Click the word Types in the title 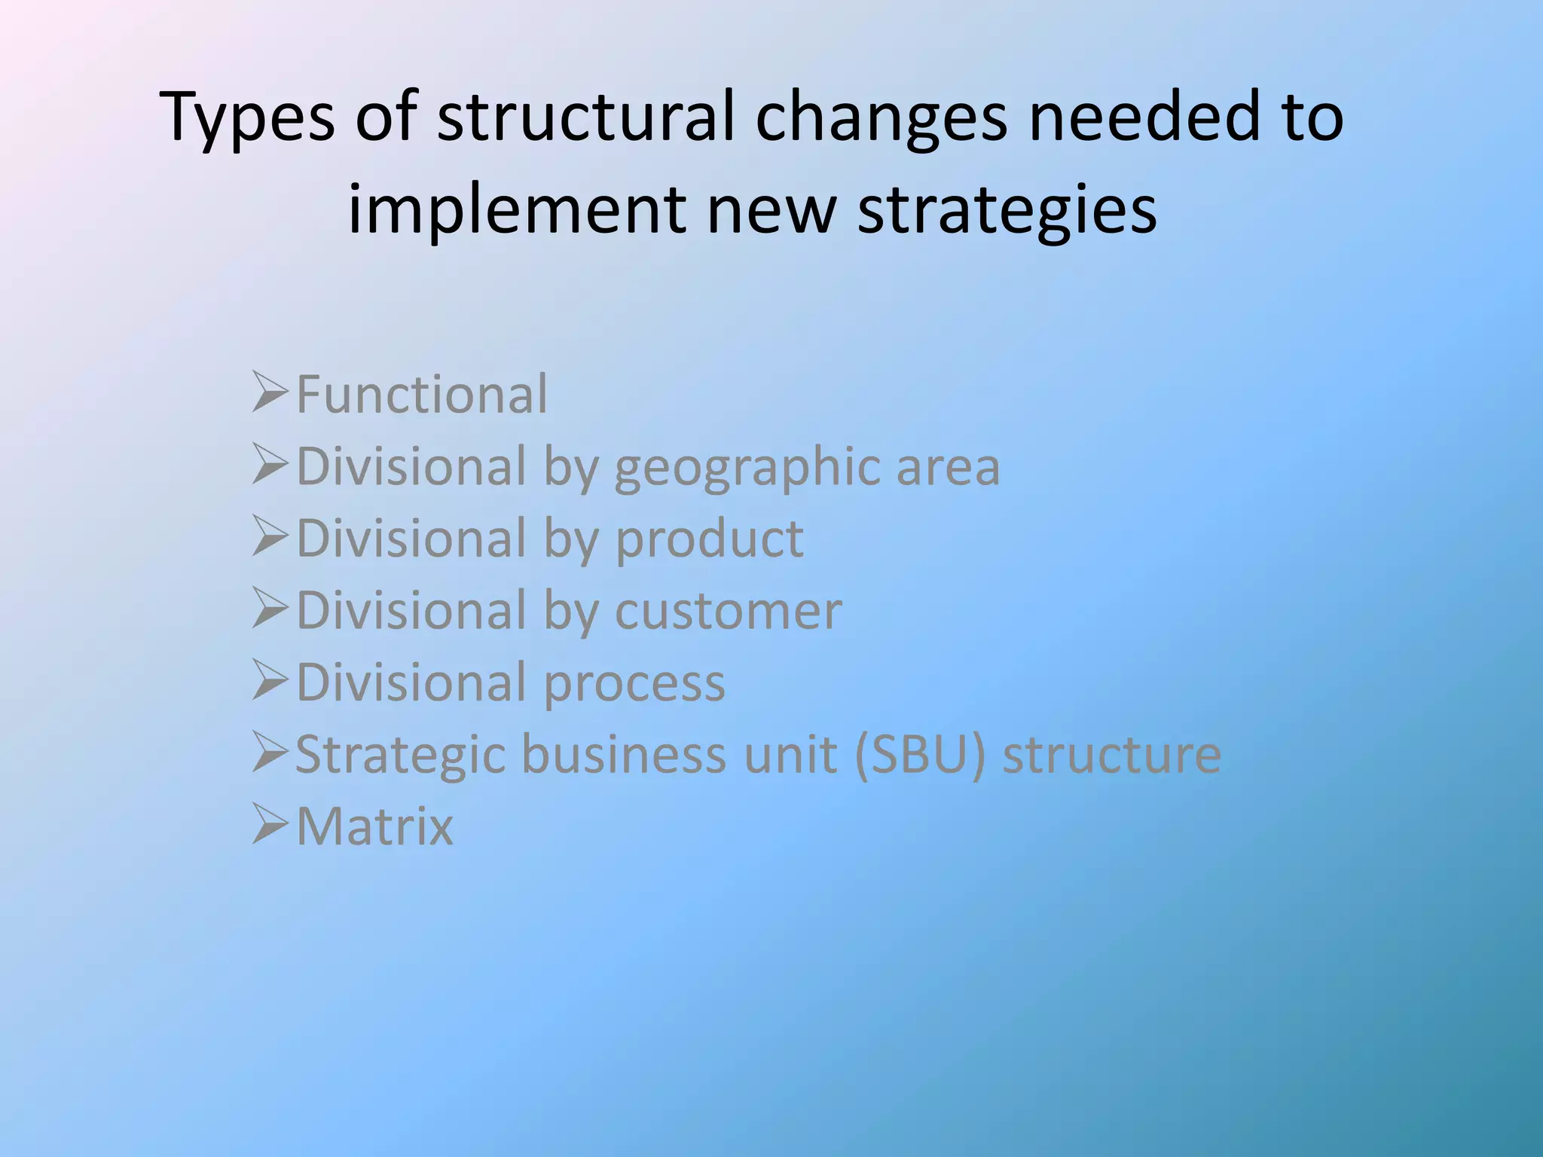pyautogui.click(x=247, y=118)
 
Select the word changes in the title pyautogui.click(x=881, y=118)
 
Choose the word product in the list pyautogui.click(x=710, y=539)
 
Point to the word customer pyautogui.click(x=728, y=610)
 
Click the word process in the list pyautogui.click(x=634, y=683)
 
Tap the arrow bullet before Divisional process pyautogui.click(x=270, y=679)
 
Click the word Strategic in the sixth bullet pyautogui.click(x=399, y=754)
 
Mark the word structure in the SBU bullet pyautogui.click(x=1111, y=754)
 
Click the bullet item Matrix pyautogui.click(x=374, y=826)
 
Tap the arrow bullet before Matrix pyautogui.click(x=270, y=823)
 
